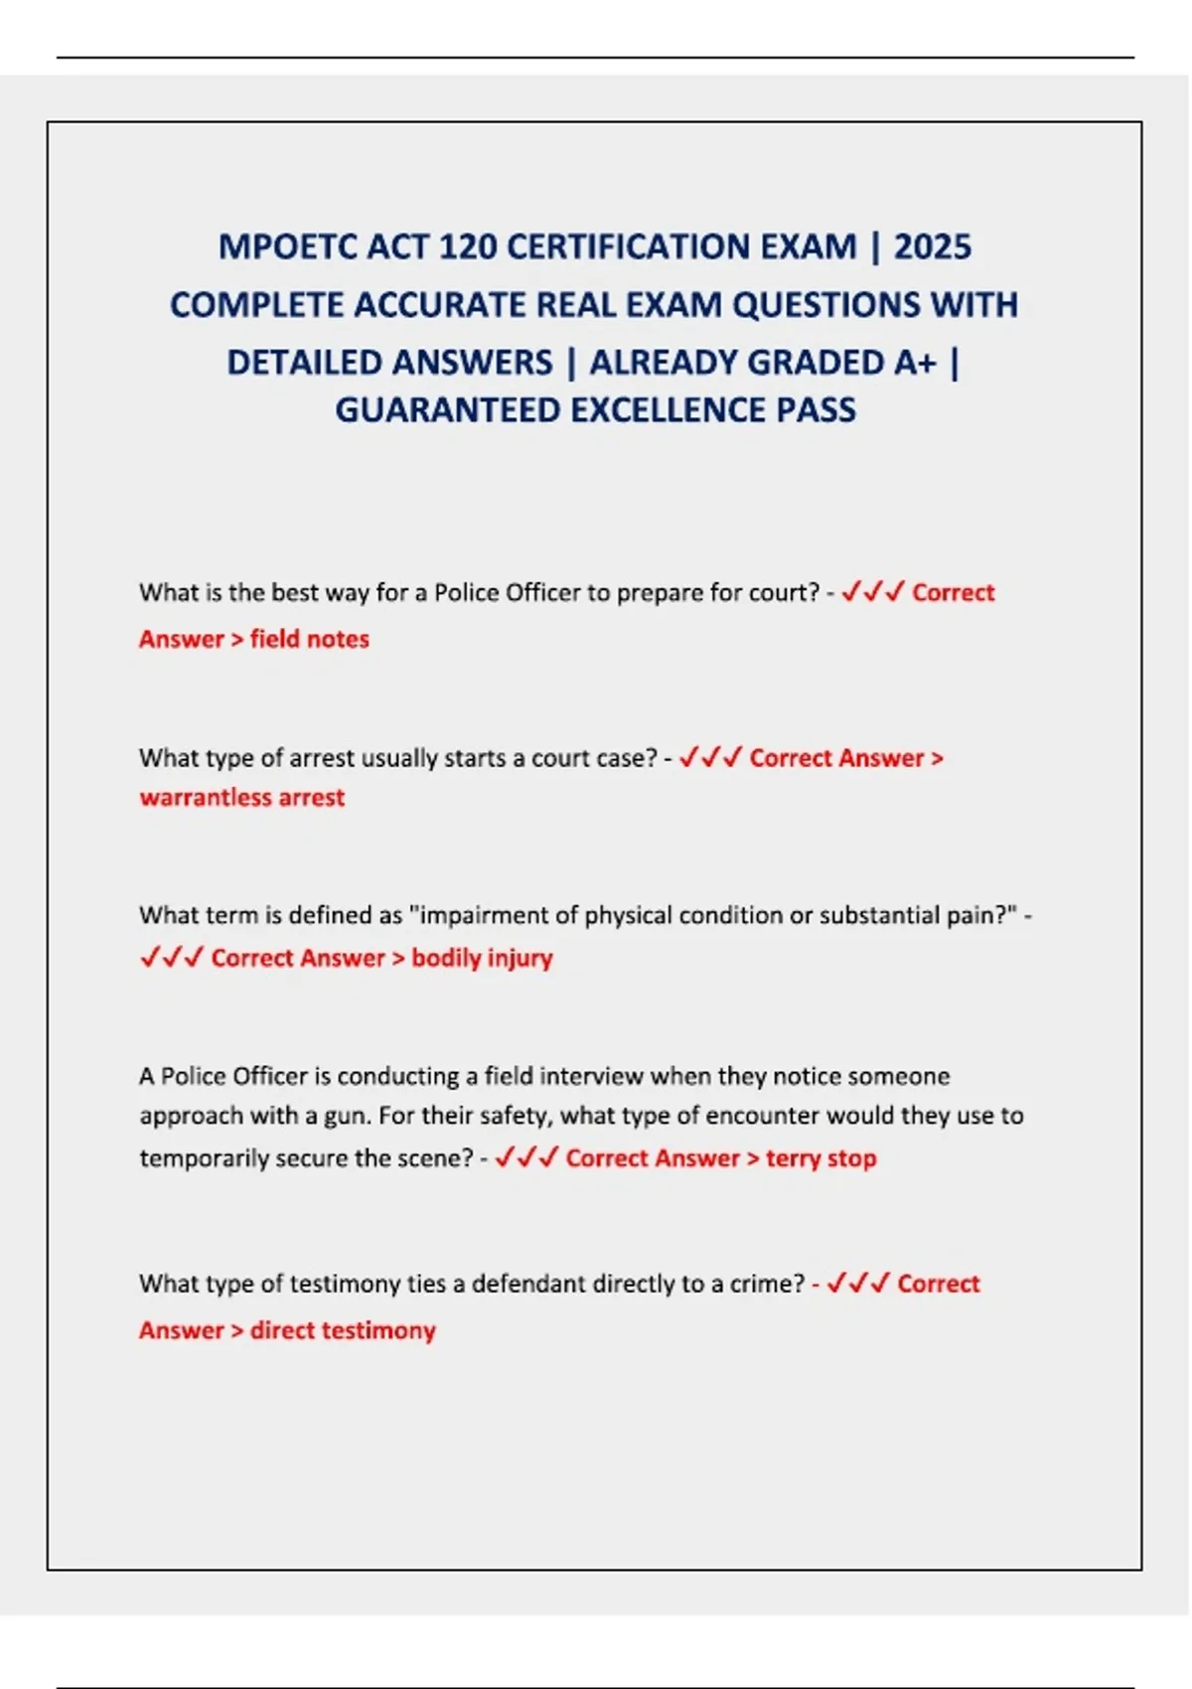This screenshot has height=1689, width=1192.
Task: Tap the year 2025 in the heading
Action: pyautogui.click(x=932, y=246)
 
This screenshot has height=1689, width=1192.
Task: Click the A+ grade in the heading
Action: pyautogui.click(x=915, y=363)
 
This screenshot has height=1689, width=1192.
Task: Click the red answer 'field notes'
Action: pyautogui.click(x=309, y=639)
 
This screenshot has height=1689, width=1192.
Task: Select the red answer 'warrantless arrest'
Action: pyautogui.click(x=241, y=798)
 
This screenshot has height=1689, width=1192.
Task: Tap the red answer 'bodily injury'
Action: pyautogui.click(x=482, y=958)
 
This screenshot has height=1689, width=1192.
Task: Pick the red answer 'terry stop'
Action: pyautogui.click(x=820, y=1158)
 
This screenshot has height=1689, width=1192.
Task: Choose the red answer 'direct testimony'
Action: pyautogui.click(x=343, y=1330)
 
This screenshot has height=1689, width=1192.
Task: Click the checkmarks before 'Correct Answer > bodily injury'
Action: pyautogui.click(x=171, y=958)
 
